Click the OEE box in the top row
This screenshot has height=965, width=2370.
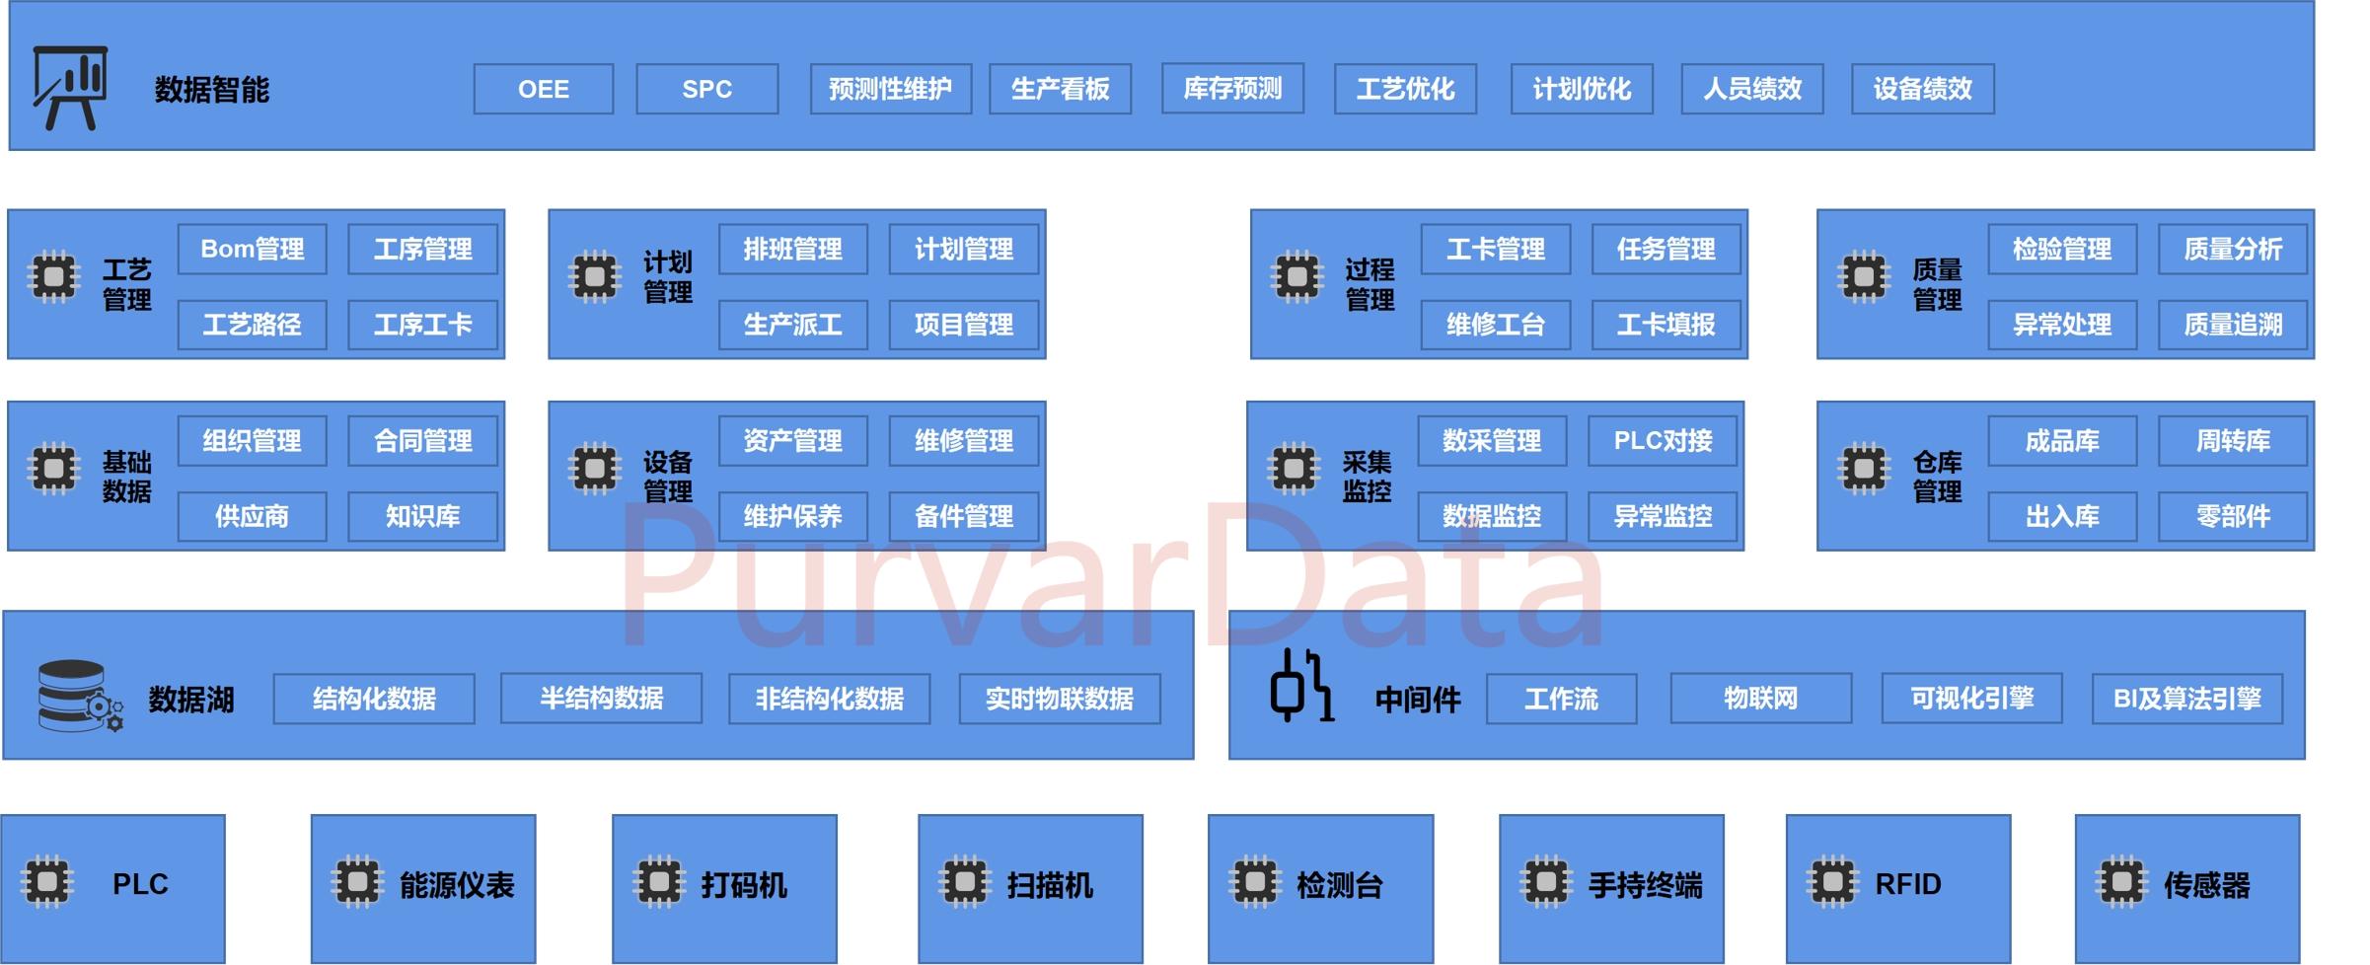(x=543, y=90)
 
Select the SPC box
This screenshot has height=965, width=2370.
(x=706, y=90)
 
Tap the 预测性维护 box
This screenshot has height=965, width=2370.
(x=890, y=90)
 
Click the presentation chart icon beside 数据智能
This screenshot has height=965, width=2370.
(x=70, y=88)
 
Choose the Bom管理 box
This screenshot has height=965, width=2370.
(x=252, y=250)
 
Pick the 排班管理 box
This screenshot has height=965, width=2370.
(x=792, y=250)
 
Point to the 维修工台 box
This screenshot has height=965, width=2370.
(x=1495, y=325)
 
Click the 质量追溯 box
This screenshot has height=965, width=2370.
(x=2232, y=325)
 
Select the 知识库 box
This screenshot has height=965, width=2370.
(x=422, y=516)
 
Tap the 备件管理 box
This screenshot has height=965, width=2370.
(x=963, y=516)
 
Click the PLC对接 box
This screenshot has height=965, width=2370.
(x=1662, y=441)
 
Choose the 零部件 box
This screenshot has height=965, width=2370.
(x=2232, y=516)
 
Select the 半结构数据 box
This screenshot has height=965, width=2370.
(x=601, y=699)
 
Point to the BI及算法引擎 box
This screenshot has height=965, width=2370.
(x=2186, y=699)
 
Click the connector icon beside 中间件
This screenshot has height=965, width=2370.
(x=1301, y=686)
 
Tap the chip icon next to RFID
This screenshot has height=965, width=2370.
(x=1832, y=881)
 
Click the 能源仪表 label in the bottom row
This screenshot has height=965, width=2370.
(x=457, y=885)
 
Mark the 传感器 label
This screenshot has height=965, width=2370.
(x=2206, y=885)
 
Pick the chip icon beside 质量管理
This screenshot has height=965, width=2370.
(x=1864, y=277)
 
